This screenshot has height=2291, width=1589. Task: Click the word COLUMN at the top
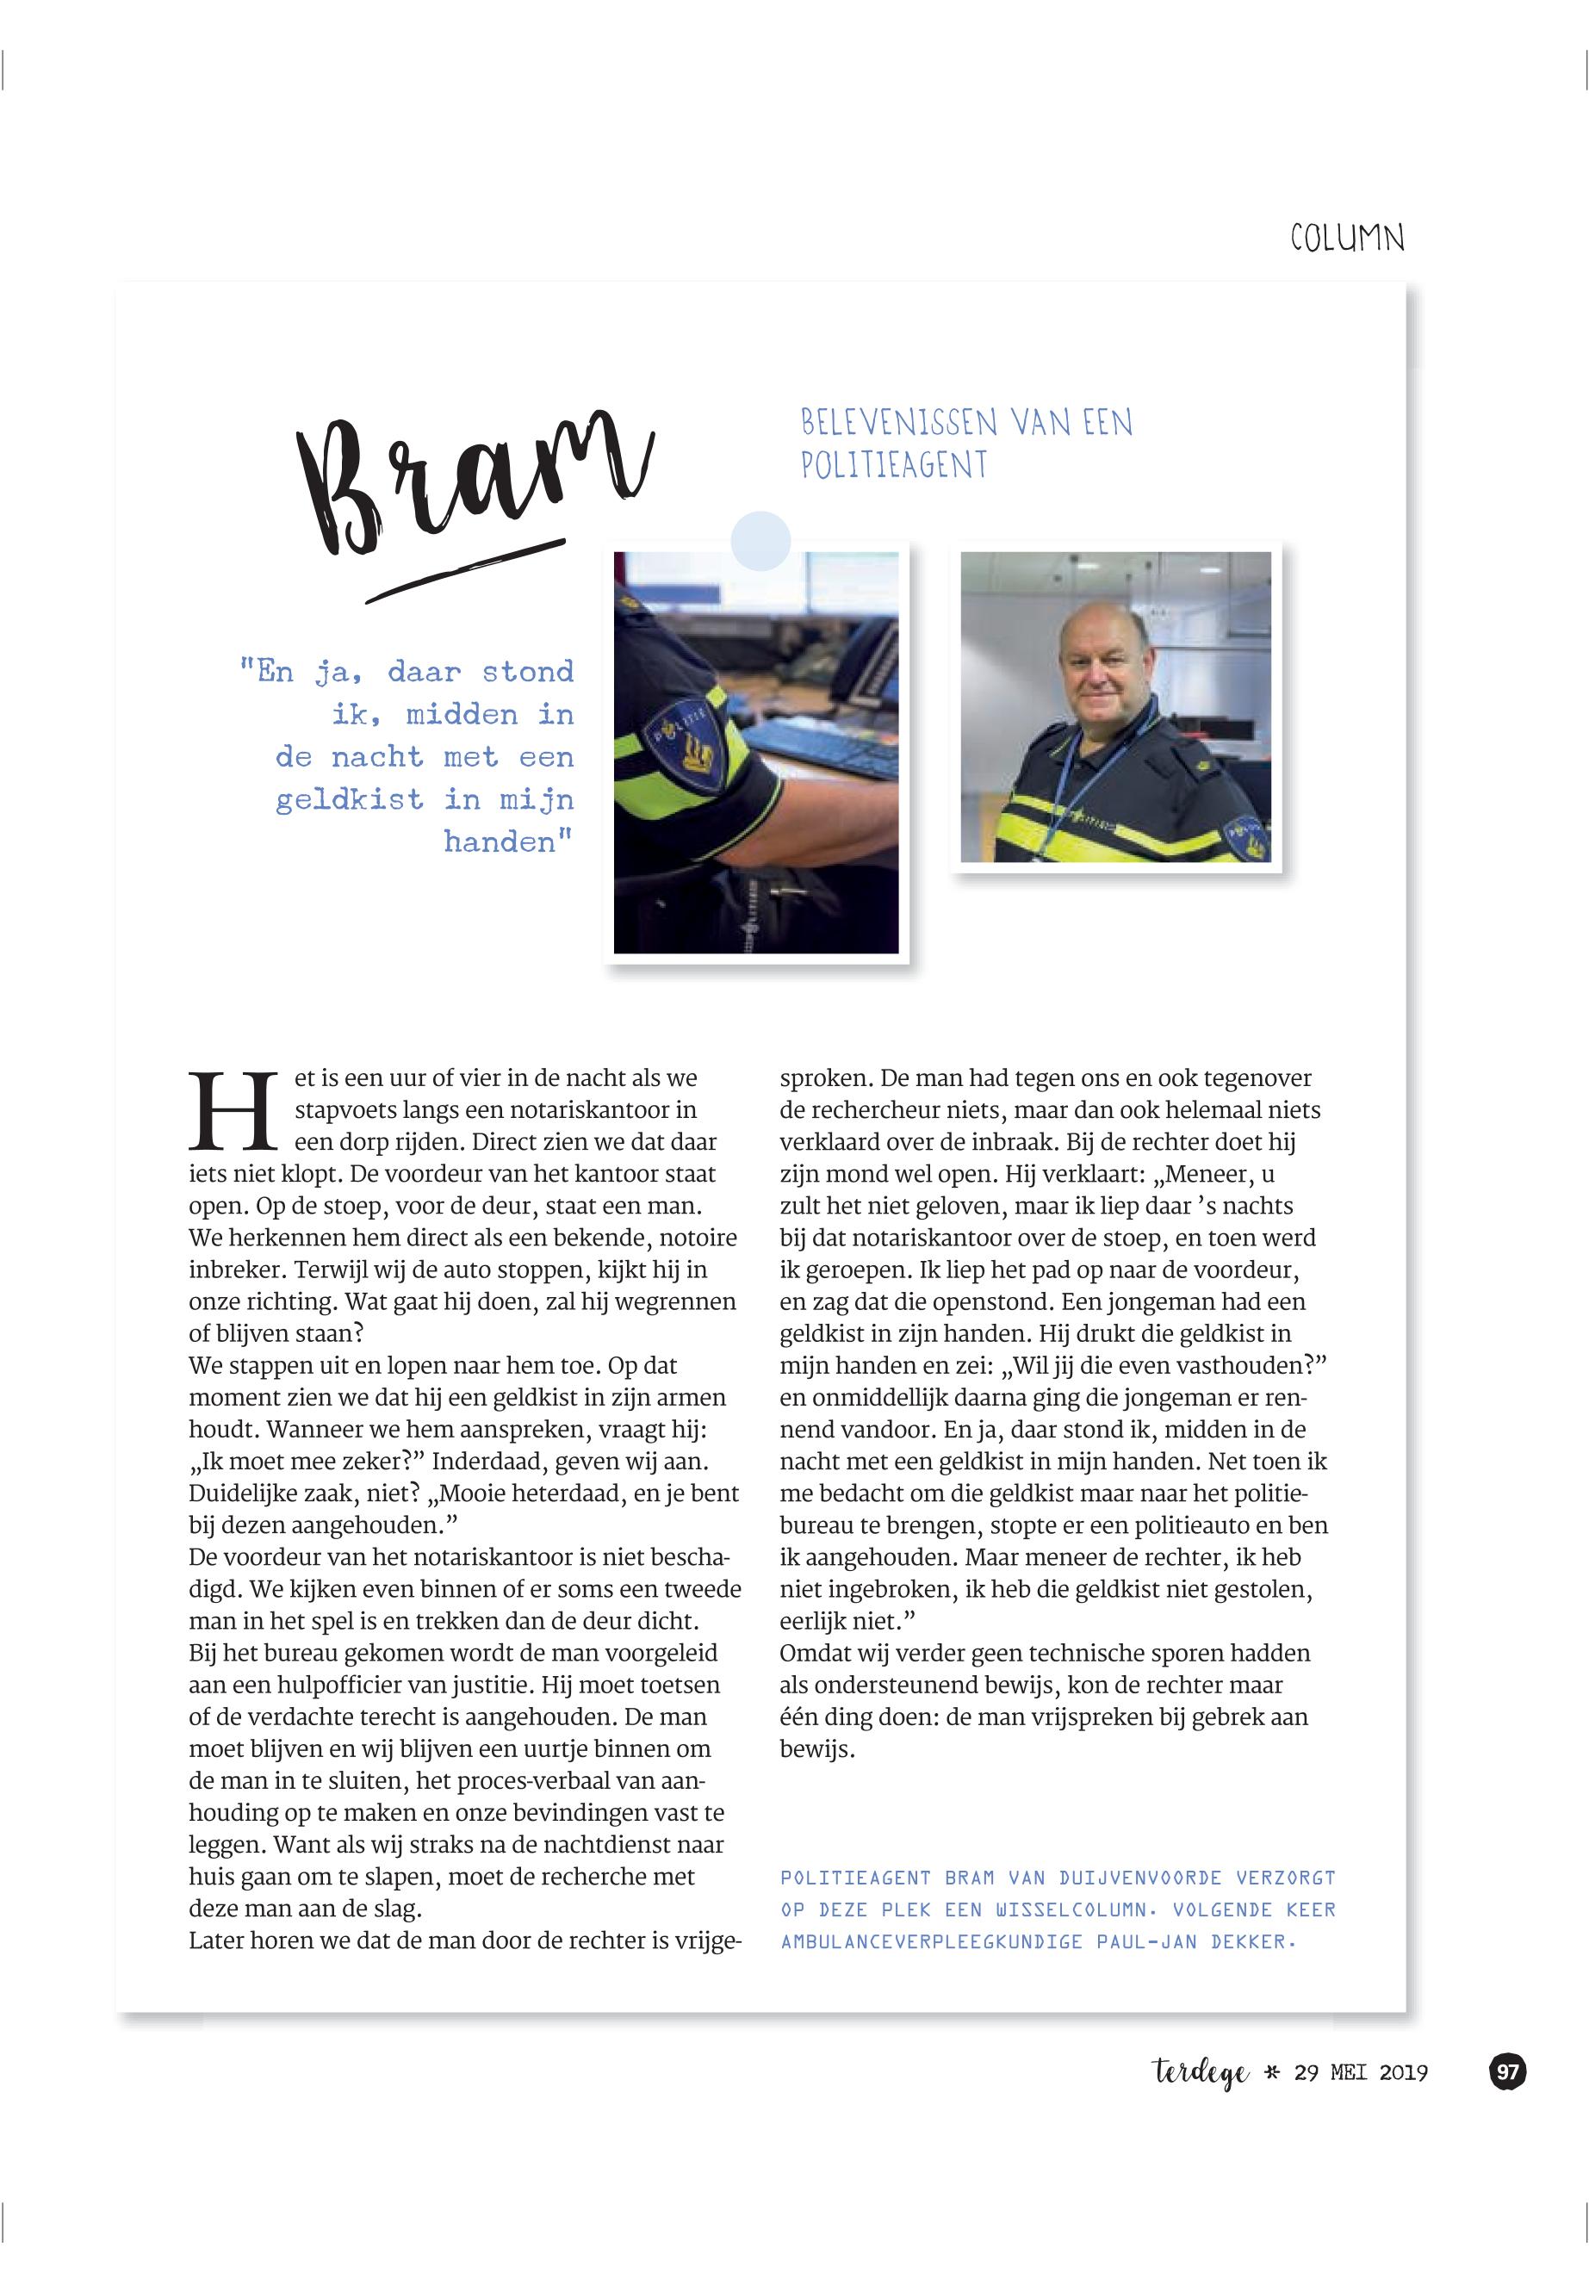coord(1346,239)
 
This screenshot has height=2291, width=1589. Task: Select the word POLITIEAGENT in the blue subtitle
coord(894,465)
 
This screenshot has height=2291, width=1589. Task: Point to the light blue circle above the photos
coord(760,541)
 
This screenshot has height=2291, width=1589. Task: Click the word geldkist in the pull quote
coord(350,799)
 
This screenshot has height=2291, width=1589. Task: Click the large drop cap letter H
coord(233,1111)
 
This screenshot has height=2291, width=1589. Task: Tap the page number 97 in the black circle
coord(1507,2072)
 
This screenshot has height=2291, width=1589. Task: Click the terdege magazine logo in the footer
coord(1201,2073)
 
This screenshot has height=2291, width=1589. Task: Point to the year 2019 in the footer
coord(1403,2073)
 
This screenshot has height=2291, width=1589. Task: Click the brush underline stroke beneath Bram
coord(465,570)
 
